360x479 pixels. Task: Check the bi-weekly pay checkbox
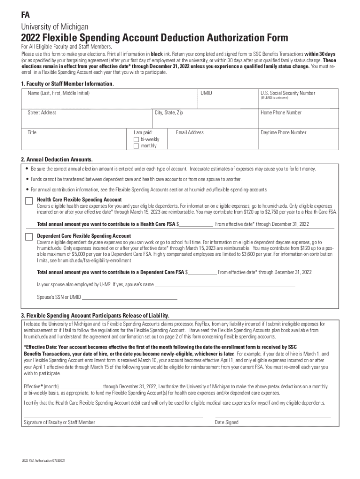click(x=136, y=139)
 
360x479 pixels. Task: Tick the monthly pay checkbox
click(x=136, y=146)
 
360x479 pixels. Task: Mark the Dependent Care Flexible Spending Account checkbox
click(x=29, y=237)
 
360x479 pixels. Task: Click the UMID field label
click(x=206, y=93)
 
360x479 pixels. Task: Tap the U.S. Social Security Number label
click(x=288, y=93)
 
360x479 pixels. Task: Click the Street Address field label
click(x=42, y=113)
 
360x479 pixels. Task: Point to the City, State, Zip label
click(x=169, y=113)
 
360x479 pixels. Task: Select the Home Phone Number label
click(x=281, y=113)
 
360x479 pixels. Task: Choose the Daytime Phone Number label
click(x=283, y=132)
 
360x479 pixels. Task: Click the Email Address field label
click(x=190, y=132)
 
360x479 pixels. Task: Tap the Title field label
click(x=32, y=132)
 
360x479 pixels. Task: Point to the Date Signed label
click(x=226, y=422)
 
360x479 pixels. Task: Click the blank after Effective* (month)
click(x=81, y=387)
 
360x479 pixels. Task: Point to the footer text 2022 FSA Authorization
click(x=43, y=461)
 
